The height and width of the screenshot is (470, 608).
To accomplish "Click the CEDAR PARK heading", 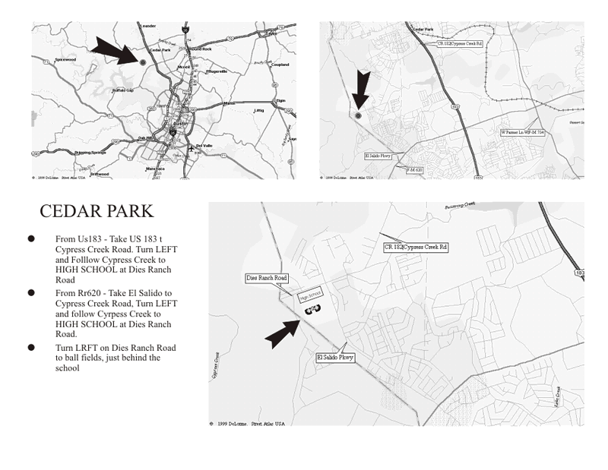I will coord(96,211).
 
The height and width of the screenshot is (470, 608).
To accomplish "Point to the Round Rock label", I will coord(201,49).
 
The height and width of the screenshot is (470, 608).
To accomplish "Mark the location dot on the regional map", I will coord(141,62).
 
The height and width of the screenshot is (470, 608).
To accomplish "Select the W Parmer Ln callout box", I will coord(522,132).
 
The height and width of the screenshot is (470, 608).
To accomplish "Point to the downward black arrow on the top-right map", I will coord(363,91).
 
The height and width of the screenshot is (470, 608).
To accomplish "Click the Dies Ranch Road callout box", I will coord(267,278).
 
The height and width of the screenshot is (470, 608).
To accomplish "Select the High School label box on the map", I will coord(310,292).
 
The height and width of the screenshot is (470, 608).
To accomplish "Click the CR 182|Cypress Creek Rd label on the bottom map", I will coord(416,248).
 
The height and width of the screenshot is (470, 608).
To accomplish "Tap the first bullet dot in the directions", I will coord(32,238).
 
